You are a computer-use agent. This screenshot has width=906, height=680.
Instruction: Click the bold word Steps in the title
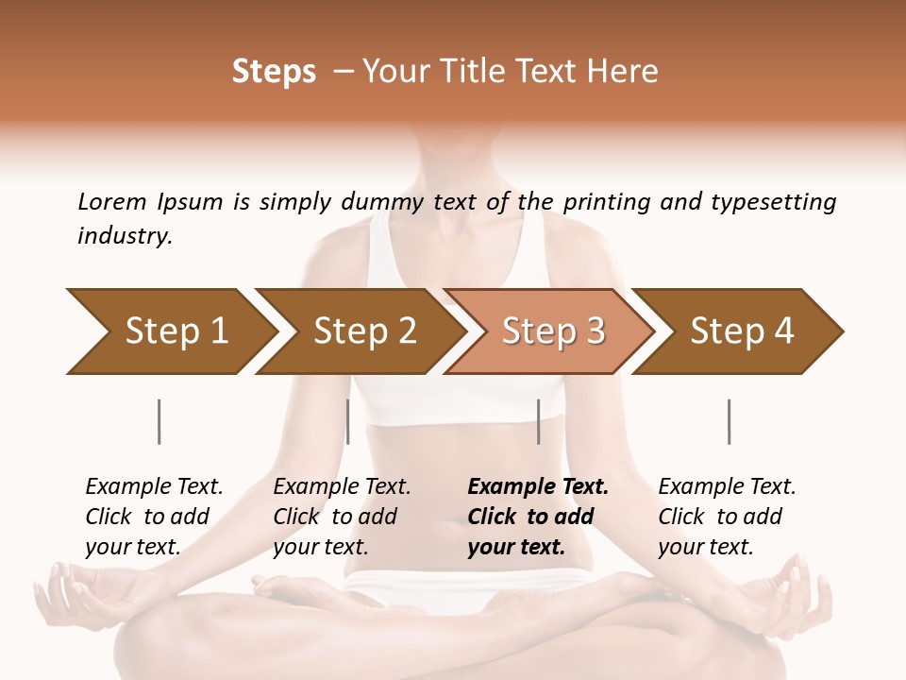pyautogui.click(x=274, y=71)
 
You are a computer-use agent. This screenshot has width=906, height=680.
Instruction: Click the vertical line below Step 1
pyautogui.click(x=159, y=421)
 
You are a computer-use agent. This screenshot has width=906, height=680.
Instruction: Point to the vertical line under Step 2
pyautogui.click(x=348, y=421)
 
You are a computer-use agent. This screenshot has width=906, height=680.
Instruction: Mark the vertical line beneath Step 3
pyautogui.click(x=538, y=421)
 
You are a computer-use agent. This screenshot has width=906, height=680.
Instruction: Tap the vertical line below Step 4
pyautogui.click(x=729, y=421)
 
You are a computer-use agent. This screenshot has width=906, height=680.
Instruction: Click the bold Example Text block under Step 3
pyautogui.click(x=538, y=517)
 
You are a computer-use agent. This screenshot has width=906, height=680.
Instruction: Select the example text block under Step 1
pyautogui.click(x=154, y=517)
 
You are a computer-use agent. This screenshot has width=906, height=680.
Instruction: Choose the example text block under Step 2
pyautogui.click(x=342, y=517)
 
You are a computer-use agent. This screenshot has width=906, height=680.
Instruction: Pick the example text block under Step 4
pyautogui.click(x=727, y=517)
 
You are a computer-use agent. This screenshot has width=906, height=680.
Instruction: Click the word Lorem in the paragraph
pyautogui.click(x=112, y=201)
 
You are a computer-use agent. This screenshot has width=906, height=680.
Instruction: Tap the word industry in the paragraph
pyautogui.click(x=124, y=235)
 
